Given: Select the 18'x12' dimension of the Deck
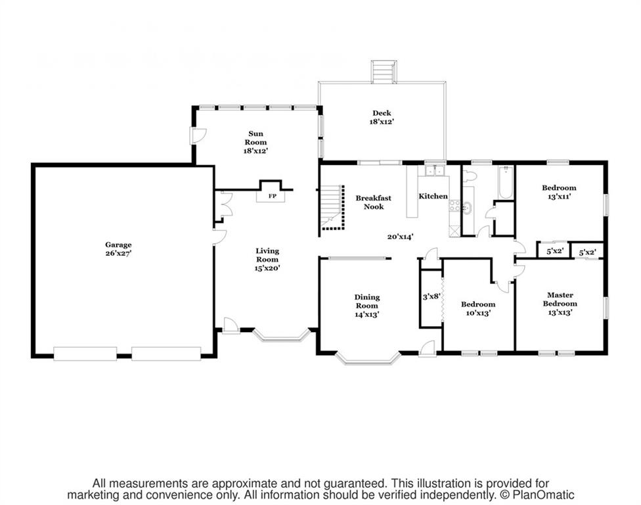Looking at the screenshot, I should tap(381, 122).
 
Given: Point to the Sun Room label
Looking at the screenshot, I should tap(256, 137).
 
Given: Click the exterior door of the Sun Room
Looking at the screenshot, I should tap(197, 135).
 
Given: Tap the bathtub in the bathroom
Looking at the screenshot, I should tap(506, 183).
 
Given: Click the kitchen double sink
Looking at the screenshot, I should tap(433, 172).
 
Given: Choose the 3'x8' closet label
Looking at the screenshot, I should tap(431, 297).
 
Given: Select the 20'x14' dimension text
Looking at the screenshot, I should tap(400, 237).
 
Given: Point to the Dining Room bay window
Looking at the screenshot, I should tap(367, 359).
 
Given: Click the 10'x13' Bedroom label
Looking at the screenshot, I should tap(477, 309).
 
